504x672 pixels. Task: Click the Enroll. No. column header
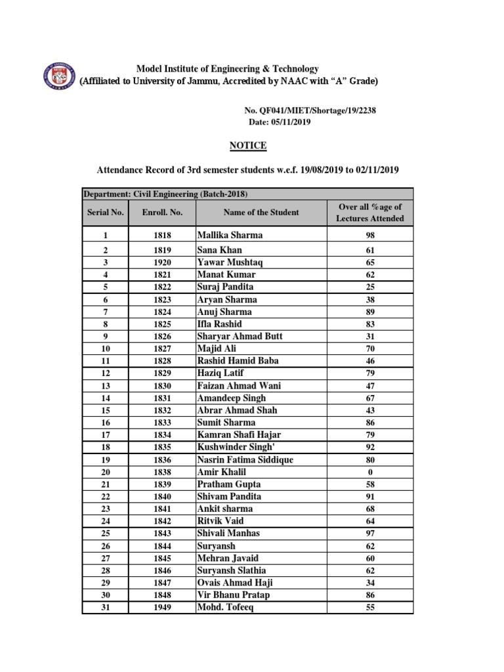click(162, 212)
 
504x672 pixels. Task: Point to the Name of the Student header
click(261, 212)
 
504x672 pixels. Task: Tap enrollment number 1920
click(162, 262)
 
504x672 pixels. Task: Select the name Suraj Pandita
click(225, 287)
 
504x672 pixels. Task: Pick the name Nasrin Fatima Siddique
click(245, 460)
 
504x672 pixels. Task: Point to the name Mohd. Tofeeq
click(224, 608)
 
